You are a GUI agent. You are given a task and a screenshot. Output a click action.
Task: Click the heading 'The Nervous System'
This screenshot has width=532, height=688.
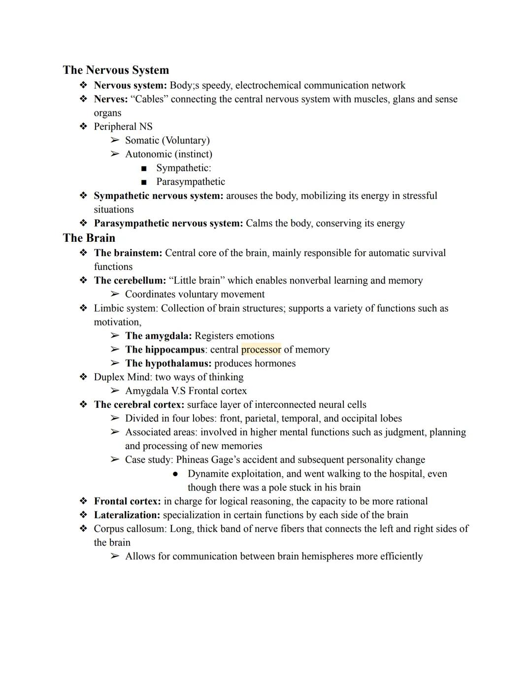[116, 70]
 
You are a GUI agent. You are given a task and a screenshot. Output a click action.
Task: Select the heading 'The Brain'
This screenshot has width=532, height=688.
[89, 238]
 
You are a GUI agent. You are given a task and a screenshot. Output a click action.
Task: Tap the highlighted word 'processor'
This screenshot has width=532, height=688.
[261, 350]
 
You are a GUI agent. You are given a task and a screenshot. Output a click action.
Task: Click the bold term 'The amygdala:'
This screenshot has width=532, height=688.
[158, 336]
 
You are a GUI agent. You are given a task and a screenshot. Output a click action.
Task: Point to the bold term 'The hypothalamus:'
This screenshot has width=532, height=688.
[168, 363]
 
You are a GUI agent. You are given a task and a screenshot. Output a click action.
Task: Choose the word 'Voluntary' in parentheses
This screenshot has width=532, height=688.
[185, 140]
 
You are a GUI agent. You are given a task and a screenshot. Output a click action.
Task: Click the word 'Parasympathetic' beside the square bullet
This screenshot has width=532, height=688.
[191, 182]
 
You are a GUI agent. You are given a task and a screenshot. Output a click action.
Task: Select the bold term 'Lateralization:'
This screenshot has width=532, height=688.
[127, 515]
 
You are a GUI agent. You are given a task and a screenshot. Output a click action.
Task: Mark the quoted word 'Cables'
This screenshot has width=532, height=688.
[149, 99]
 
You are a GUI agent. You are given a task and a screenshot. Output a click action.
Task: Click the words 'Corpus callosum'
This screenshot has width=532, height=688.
[131, 529]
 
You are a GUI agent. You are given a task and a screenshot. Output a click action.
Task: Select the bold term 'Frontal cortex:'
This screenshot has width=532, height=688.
[127, 501]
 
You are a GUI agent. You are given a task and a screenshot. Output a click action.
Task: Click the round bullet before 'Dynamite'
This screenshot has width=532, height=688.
[175, 474]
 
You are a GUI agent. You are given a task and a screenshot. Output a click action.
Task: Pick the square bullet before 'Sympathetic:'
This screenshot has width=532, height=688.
[144, 168]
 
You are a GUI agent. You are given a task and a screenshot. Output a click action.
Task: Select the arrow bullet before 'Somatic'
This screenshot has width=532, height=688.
[115, 140]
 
